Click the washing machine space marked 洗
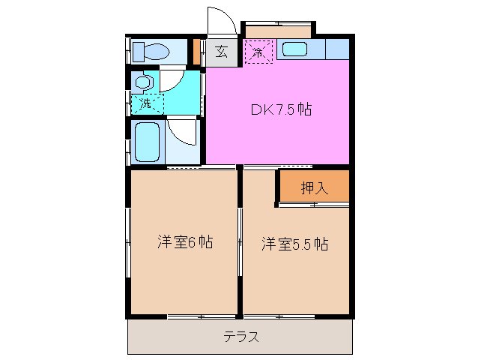tap(146, 104)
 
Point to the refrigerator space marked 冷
tap(258, 52)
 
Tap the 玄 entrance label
tap(222, 52)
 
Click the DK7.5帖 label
tap(281, 109)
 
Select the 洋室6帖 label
tap(184, 242)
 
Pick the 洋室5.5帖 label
tap(294, 244)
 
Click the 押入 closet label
tap(314, 188)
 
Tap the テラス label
tap(240, 337)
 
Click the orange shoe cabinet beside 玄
tap(197, 51)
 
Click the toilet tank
tap(138, 52)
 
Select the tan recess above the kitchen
tap(277, 31)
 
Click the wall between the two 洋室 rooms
tap(240, 240)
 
